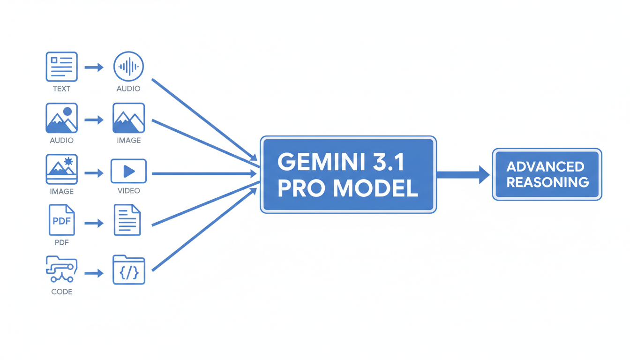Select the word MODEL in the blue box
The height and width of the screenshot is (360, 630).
tap(373, 188)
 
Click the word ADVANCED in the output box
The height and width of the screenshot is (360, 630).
tap(545, 166)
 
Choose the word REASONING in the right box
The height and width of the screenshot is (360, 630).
tap(547, 182)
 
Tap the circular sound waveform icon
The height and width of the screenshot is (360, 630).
tap(128, 67)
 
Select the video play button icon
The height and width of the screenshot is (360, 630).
tap(128, 171)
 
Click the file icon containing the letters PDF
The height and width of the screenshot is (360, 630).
tap(61, 220)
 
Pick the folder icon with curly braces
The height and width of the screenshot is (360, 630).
tap(128, 270)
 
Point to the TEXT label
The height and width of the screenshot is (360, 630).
tap(61, 89)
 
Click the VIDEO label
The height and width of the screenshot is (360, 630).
tap(128, 191)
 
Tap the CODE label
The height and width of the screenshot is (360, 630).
tap(61, 292)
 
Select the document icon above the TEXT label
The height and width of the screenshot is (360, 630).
tap(61, 67)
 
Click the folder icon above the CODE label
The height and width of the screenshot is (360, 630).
tap(61, 269)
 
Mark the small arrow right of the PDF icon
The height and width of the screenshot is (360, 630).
tap(94, 223)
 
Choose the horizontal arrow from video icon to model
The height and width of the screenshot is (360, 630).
tap(204, 174)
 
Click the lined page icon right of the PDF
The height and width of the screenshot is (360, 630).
tap(127, 220)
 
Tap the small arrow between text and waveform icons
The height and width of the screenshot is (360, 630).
tap(94, 67)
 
